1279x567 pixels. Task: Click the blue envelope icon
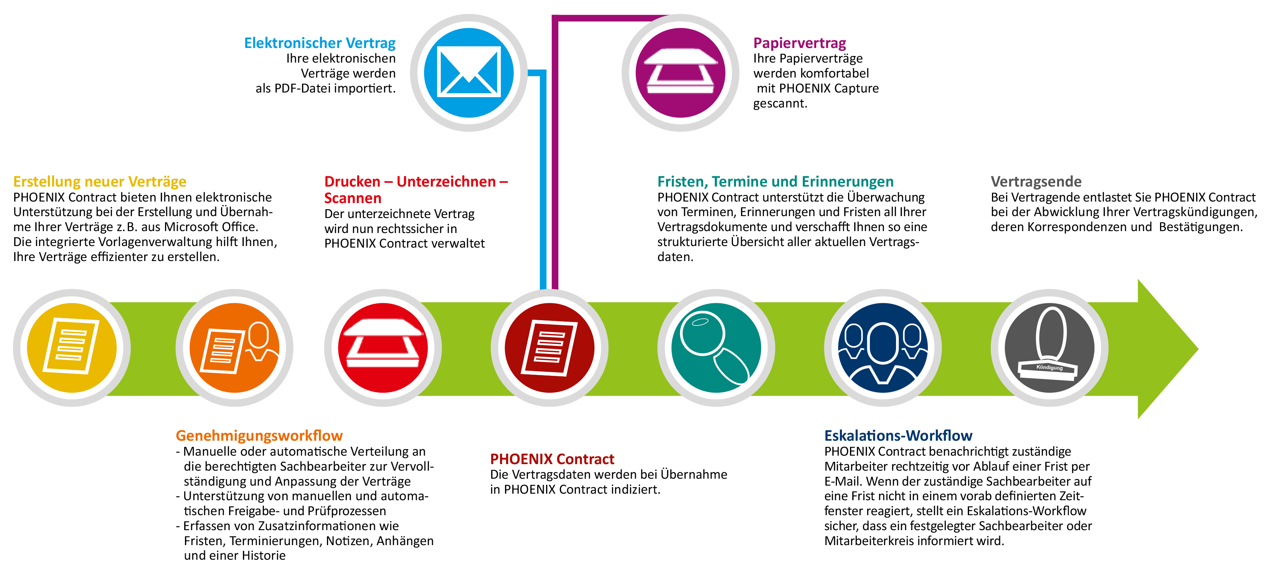tap(469, 73)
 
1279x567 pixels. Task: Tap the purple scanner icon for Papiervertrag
tap(680, 73)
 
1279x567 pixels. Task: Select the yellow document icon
tap(71, 347)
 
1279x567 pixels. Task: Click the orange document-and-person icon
tap(234, 347)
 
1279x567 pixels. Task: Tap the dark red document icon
tap(550, 347)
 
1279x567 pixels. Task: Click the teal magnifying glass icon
tap(716, 347)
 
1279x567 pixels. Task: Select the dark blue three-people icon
tap(883, 347)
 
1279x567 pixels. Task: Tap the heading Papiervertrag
tap(799, 43)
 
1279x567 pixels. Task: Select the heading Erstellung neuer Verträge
tap(100, 182)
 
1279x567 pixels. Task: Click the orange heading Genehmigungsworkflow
tap(259, 436)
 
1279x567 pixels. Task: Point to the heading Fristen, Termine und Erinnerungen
tap(776, 182)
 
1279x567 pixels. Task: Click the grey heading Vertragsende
tap(1036, 182)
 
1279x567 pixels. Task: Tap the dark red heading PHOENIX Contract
tap(552, 459)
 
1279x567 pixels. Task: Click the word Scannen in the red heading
tap(353, 198)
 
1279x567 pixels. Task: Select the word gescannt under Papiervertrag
tap(780, 103)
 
